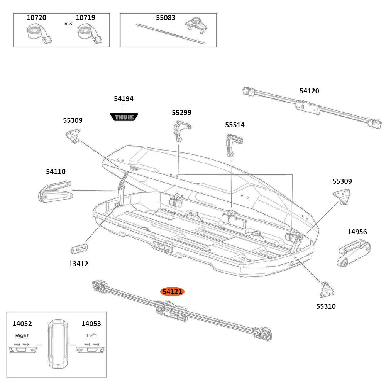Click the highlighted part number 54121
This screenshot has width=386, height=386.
click(172, 292)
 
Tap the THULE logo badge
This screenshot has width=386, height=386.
click(124, 117)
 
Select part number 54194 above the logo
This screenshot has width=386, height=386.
click(124, 99)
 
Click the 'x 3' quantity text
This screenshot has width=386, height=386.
click(68, 24)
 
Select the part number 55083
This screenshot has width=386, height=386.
click(166, 18)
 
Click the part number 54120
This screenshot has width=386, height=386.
click(309, 91)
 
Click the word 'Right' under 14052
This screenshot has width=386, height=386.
click(22, 335)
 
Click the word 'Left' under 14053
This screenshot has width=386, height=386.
click(91, 335)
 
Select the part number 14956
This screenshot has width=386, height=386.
click(357, 232)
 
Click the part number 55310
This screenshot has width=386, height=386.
click(326, 306)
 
